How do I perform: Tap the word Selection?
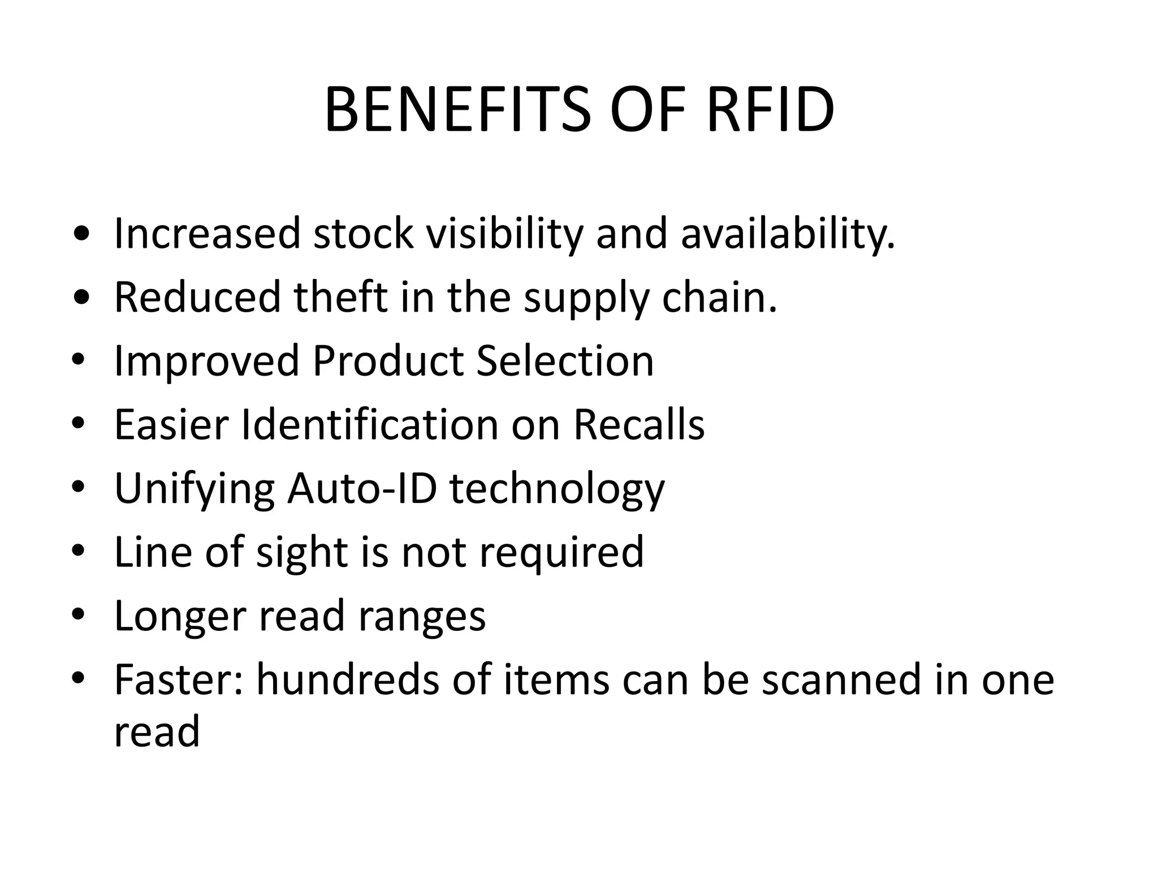[x=565, y=360]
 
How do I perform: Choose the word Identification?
[x=370, y=424]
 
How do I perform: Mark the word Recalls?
[x=639, y=424]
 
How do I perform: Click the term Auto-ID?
[x=362, y=488]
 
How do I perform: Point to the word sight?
[x=301, y=552]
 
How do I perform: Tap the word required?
[x=561, y=552]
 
